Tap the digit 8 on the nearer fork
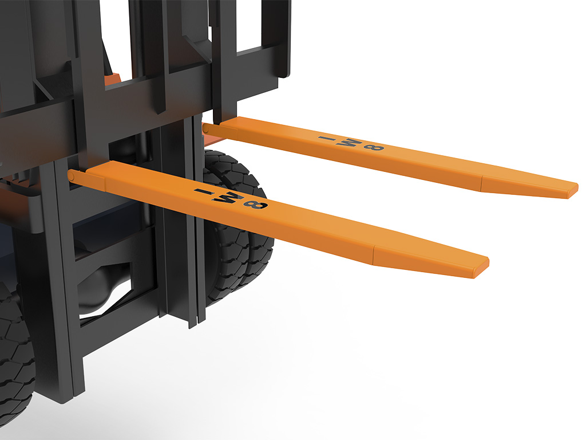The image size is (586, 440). [255, 205]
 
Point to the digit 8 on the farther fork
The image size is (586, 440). [374, 147]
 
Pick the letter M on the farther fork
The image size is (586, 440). [350, 142]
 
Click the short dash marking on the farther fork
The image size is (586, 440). [327, 138]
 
